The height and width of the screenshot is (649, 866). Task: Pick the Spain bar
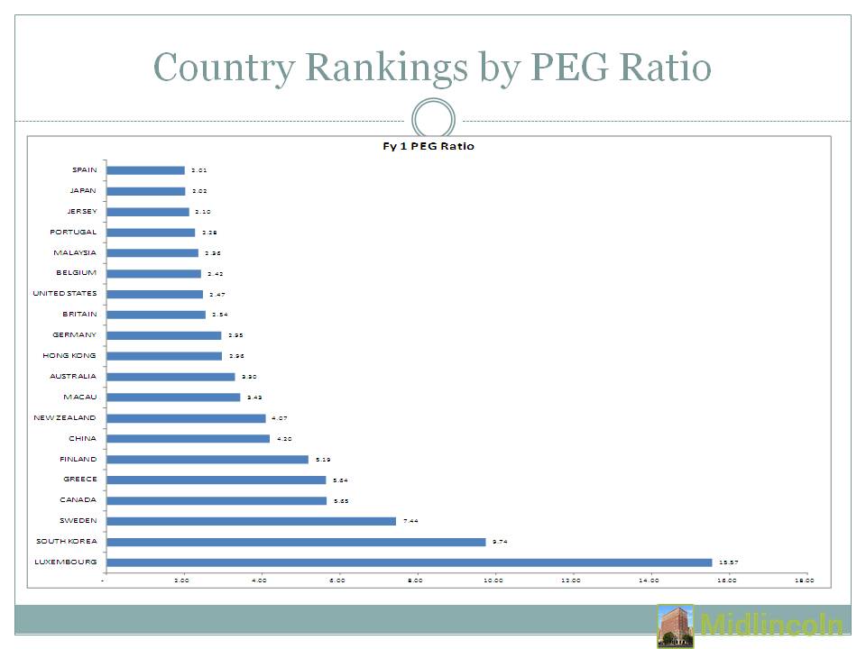145,170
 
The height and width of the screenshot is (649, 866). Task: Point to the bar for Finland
207,459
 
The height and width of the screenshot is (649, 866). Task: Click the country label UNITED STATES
64,294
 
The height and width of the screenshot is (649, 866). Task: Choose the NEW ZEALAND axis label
64,418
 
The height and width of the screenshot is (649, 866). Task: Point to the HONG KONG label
69,356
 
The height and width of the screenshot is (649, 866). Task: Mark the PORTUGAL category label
74,232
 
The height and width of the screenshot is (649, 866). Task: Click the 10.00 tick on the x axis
493,581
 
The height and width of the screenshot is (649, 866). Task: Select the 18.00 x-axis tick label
805,581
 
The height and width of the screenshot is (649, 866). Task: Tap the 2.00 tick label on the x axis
181,581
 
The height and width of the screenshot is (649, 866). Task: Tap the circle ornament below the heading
433,121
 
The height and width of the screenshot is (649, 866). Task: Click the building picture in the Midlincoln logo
676,626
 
